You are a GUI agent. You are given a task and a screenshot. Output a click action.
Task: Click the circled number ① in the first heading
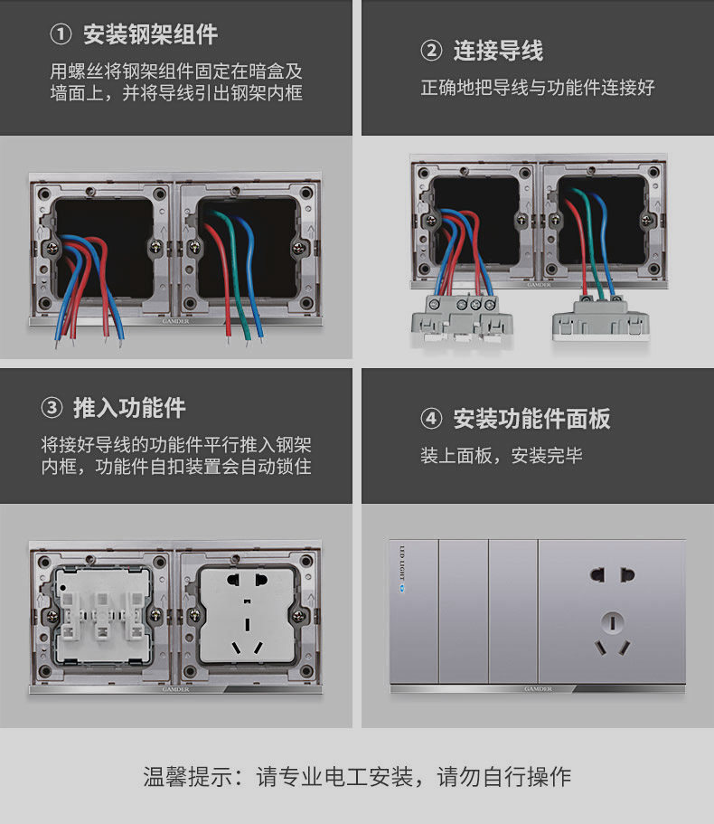[x=61, y=35]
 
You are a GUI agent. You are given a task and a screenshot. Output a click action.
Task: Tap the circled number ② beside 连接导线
[x=432, y=52]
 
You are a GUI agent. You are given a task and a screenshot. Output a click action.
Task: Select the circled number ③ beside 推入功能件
[x=52, y=408]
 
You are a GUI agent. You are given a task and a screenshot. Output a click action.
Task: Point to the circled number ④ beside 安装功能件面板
[x=432, y=419]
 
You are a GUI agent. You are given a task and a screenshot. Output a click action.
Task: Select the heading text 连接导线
[x=498, y=52]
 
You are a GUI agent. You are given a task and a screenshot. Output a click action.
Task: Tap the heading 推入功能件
[x=129, y=408]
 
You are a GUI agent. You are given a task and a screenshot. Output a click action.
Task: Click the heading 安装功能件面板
[x=531, y=419]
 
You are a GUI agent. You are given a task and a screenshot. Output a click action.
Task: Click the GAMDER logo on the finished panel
[x=537, y=688]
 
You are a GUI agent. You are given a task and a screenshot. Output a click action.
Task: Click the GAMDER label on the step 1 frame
[x=176, y=319]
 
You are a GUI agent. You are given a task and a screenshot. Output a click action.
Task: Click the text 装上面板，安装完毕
[x=501, y=456]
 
